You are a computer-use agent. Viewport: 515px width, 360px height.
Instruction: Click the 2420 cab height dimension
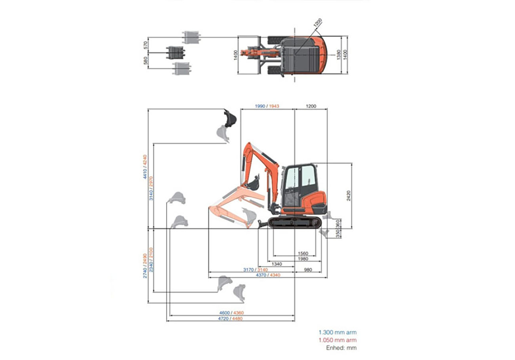pyautogui.click(x=349, y=196)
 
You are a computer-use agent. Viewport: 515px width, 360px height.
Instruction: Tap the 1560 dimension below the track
pyautogui.click(x=303, y=253)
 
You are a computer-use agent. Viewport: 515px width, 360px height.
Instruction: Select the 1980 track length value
pyautogui.click(x=303, y=259)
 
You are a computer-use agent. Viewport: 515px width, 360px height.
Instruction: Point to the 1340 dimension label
pyautogui.click(x=277, y=264)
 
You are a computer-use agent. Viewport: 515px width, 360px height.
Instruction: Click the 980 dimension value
pyautogui.click(x=308, y=270)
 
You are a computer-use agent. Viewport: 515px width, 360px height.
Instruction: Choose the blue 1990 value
pyautogui.click(x=260, y=106)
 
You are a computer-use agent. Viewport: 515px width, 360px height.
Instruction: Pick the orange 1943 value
pyautogui.click(x=274, y=106)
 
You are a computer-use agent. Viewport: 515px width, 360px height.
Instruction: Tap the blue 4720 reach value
pyautogui.click(x=223, y=319)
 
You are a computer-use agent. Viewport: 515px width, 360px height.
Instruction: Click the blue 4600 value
pyautogui.click(x=224, y=313)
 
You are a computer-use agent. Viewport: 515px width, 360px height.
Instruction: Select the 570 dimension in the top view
pyautogui.click(x=145, y=45)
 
